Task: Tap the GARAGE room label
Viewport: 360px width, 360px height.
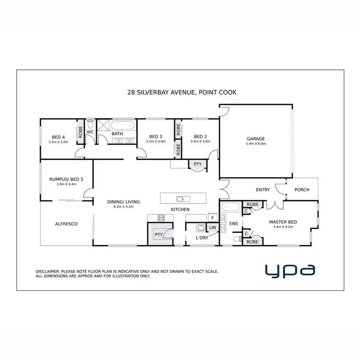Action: click(x=255, y=139)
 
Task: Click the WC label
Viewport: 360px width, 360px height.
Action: click(x=90, y=132)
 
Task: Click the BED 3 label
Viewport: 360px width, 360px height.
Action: click(x=156, y=136)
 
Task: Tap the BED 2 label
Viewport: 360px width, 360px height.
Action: click(x=200, y=136)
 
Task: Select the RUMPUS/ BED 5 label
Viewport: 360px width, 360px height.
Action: click(x=66, y=179)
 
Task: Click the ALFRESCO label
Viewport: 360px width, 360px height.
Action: click(x=66, y=224)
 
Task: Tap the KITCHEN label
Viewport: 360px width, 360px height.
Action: click(x=180, y=210)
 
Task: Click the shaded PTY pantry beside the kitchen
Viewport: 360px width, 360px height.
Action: click(x=158, y=234)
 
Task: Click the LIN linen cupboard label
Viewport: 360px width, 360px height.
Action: click(x=213, y=228)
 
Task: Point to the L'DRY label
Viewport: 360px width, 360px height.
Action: click(x=202, y=238)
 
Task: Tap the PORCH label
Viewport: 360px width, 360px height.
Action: click(x=302, y=190)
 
